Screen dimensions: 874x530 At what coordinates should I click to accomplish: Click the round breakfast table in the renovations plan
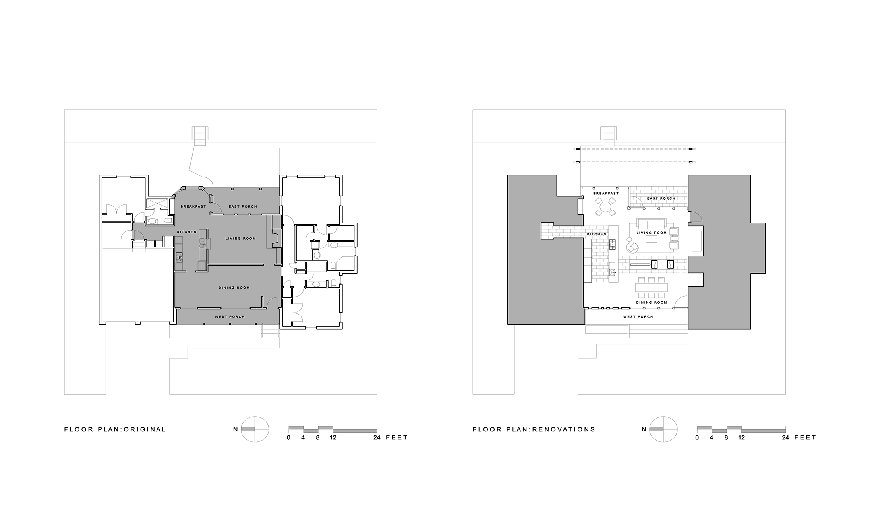[605, 207]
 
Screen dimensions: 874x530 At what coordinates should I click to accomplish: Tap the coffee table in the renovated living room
[651, 239]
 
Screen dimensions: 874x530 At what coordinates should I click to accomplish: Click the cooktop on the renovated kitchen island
[612, 244]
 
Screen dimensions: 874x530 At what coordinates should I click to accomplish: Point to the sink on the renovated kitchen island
[612, 272]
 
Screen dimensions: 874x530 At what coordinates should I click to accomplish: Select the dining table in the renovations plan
[652, 287]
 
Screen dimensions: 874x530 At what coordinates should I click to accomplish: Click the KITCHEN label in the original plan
[187, 232]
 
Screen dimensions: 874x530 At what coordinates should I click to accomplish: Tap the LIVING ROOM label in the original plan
[241, 239]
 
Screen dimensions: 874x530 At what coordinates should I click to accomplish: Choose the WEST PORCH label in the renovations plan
[638, 317]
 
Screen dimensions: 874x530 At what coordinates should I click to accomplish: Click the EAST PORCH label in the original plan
[243, 206]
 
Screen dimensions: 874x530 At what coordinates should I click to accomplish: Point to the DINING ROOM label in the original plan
[234, 287]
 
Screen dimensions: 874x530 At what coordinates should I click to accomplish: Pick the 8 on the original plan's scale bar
[318, 437]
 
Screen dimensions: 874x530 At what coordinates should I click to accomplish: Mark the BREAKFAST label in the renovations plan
[606, 194]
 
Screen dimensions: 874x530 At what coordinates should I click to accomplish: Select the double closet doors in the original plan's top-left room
[116, 209]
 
